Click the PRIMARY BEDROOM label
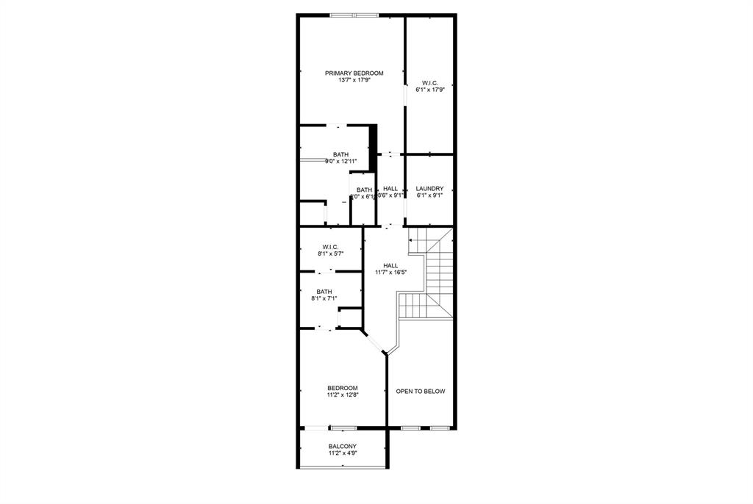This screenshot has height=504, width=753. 354,73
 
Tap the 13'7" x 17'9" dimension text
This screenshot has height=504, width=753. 354,80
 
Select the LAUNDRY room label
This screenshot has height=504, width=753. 429,188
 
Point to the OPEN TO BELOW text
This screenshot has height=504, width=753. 421,392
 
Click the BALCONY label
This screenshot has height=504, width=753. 343,447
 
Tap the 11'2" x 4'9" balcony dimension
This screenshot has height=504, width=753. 343,454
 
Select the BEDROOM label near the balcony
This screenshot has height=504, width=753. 343,388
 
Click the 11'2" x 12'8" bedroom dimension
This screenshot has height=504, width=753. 343,395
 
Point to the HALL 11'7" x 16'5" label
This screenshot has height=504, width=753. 390,269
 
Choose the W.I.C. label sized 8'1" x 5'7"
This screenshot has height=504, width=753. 329,247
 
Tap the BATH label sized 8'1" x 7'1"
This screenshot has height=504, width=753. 324,292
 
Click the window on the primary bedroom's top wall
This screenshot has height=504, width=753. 354,15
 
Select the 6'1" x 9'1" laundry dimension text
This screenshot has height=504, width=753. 429,195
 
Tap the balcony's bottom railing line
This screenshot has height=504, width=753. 343,467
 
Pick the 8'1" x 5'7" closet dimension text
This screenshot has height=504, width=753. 329,254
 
